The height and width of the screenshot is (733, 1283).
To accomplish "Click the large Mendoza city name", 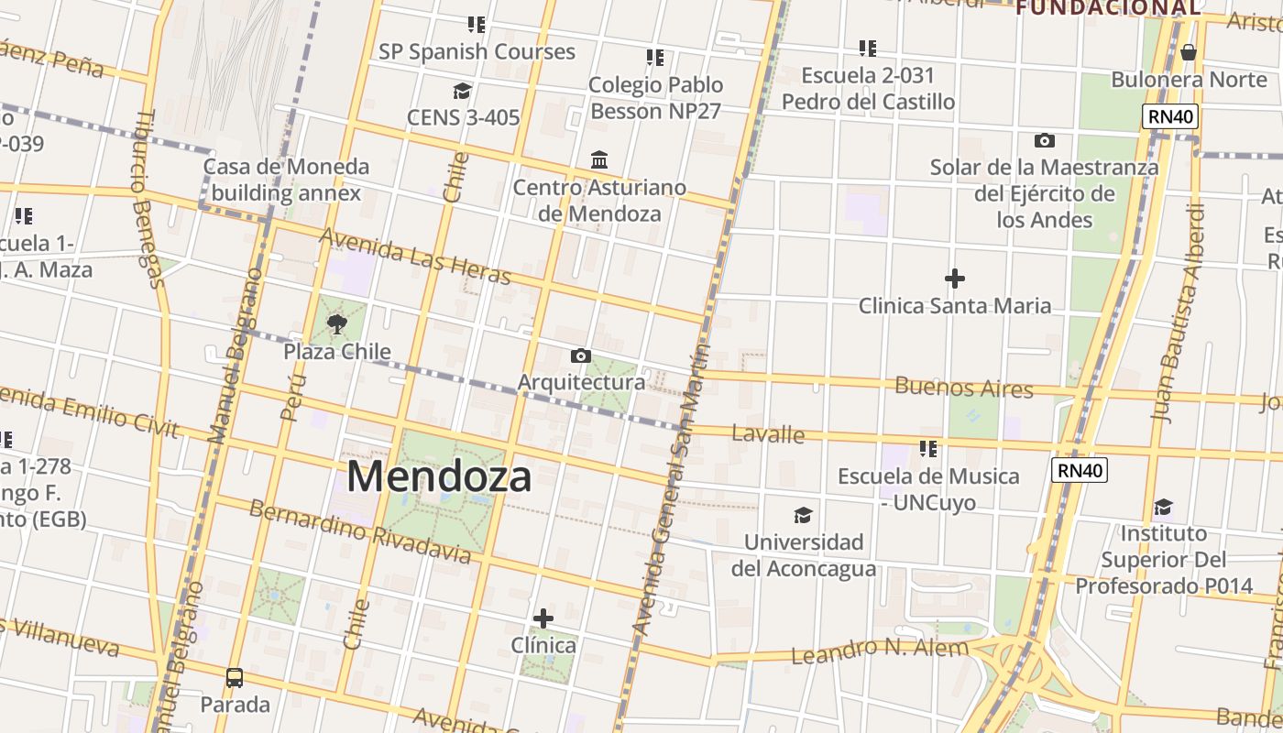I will pyautogui.click(x=439, y=477).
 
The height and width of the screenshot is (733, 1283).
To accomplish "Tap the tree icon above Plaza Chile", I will pyautogui.click(x=337, y=323).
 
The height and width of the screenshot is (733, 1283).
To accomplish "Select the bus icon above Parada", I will pyautogui.click(x=235, y=678).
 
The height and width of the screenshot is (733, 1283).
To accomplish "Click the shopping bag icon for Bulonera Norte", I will pyautogui.click(x=1189, y=52).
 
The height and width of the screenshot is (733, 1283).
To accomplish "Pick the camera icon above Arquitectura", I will pyautogui.click(x=580, y=356).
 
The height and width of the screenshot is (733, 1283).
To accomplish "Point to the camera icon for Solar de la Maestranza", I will pyautogui.click(x=1044, y=140).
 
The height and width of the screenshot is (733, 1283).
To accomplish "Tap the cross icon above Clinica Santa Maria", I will pyautogui.click(x=955, y=278).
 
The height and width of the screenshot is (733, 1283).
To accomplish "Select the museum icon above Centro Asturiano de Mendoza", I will pyautogui.click(x=599, y=160).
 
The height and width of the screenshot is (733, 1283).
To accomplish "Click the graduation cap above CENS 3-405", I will pyautogui.click(x=462, y=91).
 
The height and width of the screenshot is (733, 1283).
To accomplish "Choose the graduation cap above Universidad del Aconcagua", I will pyautogui.click(x=803, y=515).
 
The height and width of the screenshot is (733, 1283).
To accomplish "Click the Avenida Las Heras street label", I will pyautogui.click(x=415, y=257).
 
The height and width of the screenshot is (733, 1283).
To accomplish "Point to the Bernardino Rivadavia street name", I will pyautogui.click(x=360, y=531).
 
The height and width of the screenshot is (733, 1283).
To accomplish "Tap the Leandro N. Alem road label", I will pyautogui.click(x=879, y=651).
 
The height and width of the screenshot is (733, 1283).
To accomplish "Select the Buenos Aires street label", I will pyautogui.click(x=963, y=387).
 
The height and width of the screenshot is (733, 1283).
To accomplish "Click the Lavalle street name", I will pyautogui.click(x=768, y=433).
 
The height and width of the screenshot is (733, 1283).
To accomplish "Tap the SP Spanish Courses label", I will pyautogui.click(x=477, y=51).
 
